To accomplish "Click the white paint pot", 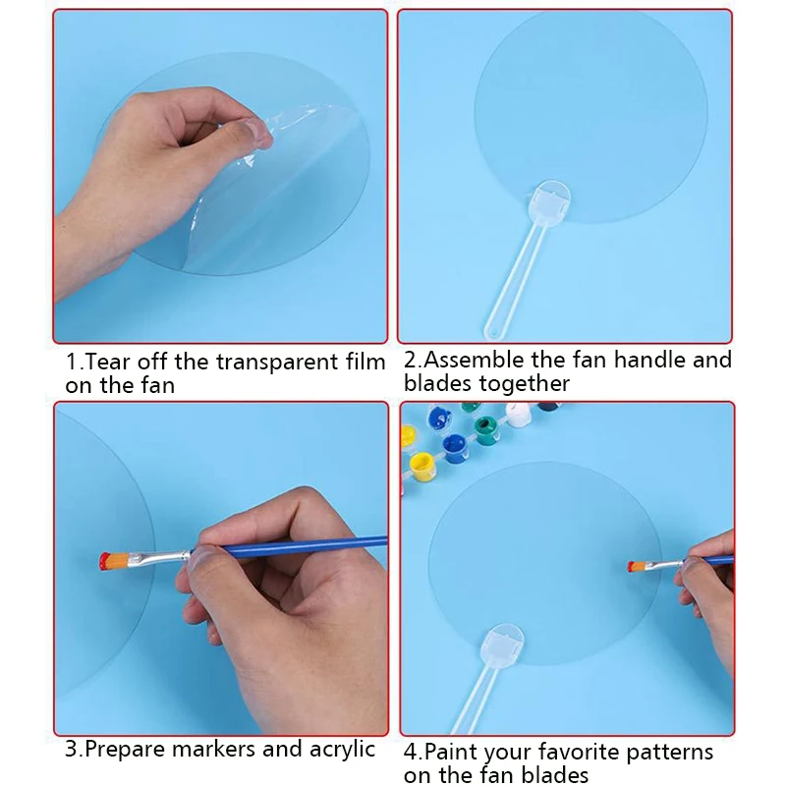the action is click(x=519, y=414).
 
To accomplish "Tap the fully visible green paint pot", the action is click(x=486, y=430).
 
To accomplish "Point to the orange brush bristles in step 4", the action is click(x=639, y=567).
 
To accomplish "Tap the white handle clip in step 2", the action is click(x=549, y=202).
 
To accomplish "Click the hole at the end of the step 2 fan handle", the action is click(x=493, y=331).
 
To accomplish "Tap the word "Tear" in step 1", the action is click(x=108, y=362).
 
